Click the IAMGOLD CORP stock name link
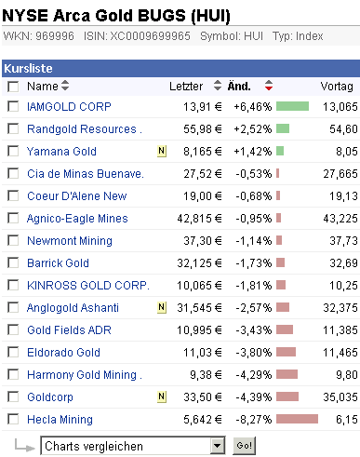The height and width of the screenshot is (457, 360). [69, 106]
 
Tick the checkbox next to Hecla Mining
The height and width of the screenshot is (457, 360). [12, 419]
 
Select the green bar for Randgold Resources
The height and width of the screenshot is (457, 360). [283, 128]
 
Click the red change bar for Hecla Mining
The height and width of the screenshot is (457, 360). [297, 419]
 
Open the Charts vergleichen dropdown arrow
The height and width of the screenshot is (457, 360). [218, 446]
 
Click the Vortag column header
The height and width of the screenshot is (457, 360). [337, 87]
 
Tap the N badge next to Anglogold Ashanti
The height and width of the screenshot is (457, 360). [162, 307]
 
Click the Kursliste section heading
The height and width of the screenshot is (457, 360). [28, 68]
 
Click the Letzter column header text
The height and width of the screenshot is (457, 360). [186, 87]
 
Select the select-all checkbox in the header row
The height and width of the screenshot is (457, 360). [12, 87]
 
